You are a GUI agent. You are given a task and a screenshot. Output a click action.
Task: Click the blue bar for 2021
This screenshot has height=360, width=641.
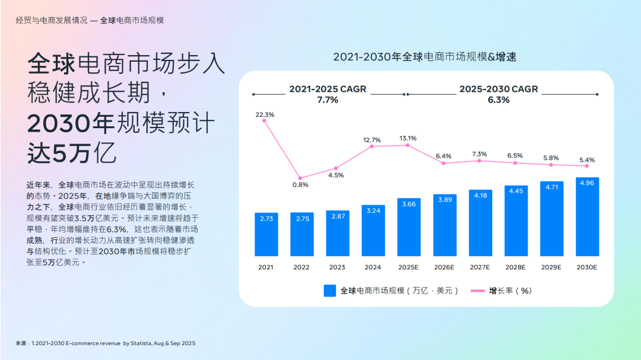(x=266, y=234)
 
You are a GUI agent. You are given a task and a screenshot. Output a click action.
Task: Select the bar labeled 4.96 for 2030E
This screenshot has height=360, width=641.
(x=587, y=216)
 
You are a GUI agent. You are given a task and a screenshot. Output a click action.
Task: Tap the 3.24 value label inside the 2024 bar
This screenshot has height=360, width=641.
(x=373, y=211)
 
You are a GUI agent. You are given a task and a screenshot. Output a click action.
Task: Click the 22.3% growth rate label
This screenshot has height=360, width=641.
(x=265, y=114)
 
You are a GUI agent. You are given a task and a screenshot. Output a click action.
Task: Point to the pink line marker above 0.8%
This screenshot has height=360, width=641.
(x=300, y=178)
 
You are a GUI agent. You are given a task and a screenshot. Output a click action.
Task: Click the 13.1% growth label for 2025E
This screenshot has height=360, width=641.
(x=408, y=138)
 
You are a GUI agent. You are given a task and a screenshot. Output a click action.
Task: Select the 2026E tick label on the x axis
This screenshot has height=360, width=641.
(x=444, y=267)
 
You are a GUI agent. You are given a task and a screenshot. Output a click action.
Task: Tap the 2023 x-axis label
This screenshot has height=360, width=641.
(x=337, y=267)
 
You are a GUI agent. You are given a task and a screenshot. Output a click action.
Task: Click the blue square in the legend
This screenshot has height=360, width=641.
(x=330, y=291)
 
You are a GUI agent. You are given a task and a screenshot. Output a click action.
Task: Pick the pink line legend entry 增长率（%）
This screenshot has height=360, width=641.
(x=501, y=291)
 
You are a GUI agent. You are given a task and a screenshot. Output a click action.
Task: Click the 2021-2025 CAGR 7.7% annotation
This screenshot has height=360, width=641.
(x=328, y=94)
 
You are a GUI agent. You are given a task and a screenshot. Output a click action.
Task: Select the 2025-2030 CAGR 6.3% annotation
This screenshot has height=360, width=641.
(x=499, y=94)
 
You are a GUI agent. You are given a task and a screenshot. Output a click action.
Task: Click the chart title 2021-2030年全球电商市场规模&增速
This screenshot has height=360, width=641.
(x=425, y=57)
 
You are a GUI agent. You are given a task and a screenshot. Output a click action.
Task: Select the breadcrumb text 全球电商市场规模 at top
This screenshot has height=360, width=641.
(x=132, y=20)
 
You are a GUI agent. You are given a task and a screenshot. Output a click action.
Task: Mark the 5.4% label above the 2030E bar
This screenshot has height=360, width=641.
(x=586, y=160)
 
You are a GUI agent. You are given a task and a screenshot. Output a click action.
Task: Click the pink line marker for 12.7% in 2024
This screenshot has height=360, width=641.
(x=372, y=146)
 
